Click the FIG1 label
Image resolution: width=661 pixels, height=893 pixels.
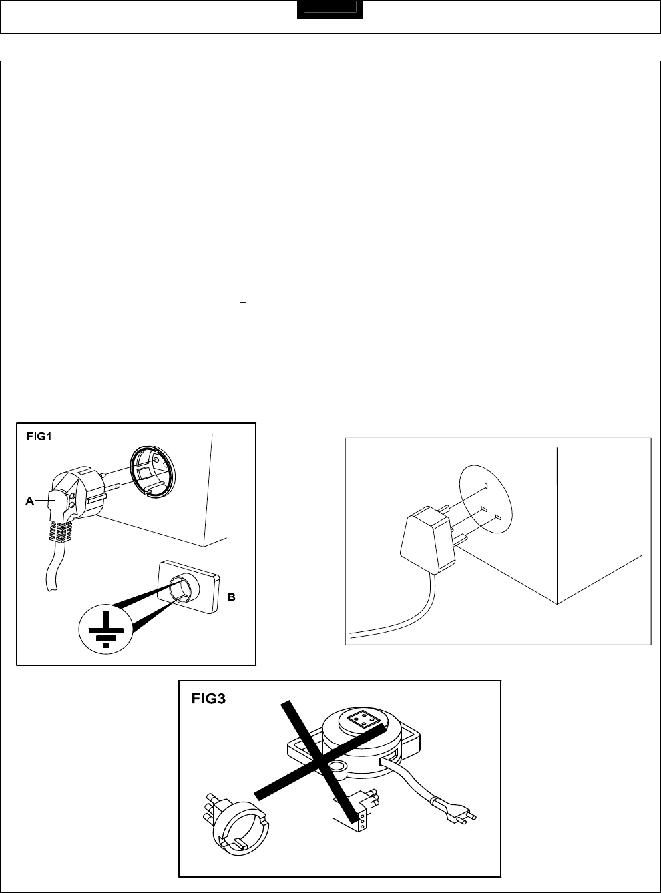tap(39, 438)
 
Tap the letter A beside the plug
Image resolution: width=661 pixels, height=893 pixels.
tap(30, 501)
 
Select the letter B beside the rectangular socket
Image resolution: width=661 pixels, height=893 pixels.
tap(232, 597)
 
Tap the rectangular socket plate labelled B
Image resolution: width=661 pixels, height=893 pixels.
tap(190, 589)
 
